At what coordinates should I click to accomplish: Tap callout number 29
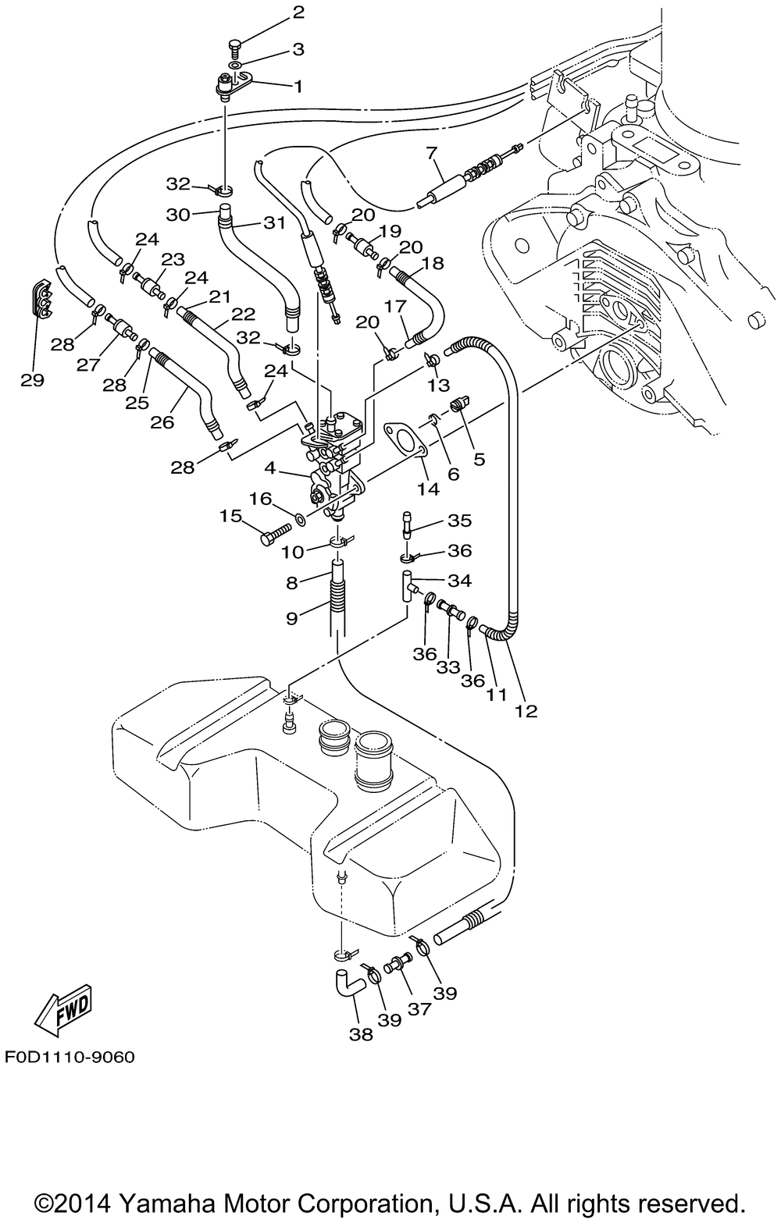coord(33,380)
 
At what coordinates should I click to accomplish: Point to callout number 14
coord(428,489)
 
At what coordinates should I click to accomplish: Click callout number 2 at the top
coord(276,12)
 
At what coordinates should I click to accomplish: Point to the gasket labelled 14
coord(404,441)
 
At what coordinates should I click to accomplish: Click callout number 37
coord(419,1009)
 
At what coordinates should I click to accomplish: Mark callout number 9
coord(291,618)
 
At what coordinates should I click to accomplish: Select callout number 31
coord(273,222)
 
